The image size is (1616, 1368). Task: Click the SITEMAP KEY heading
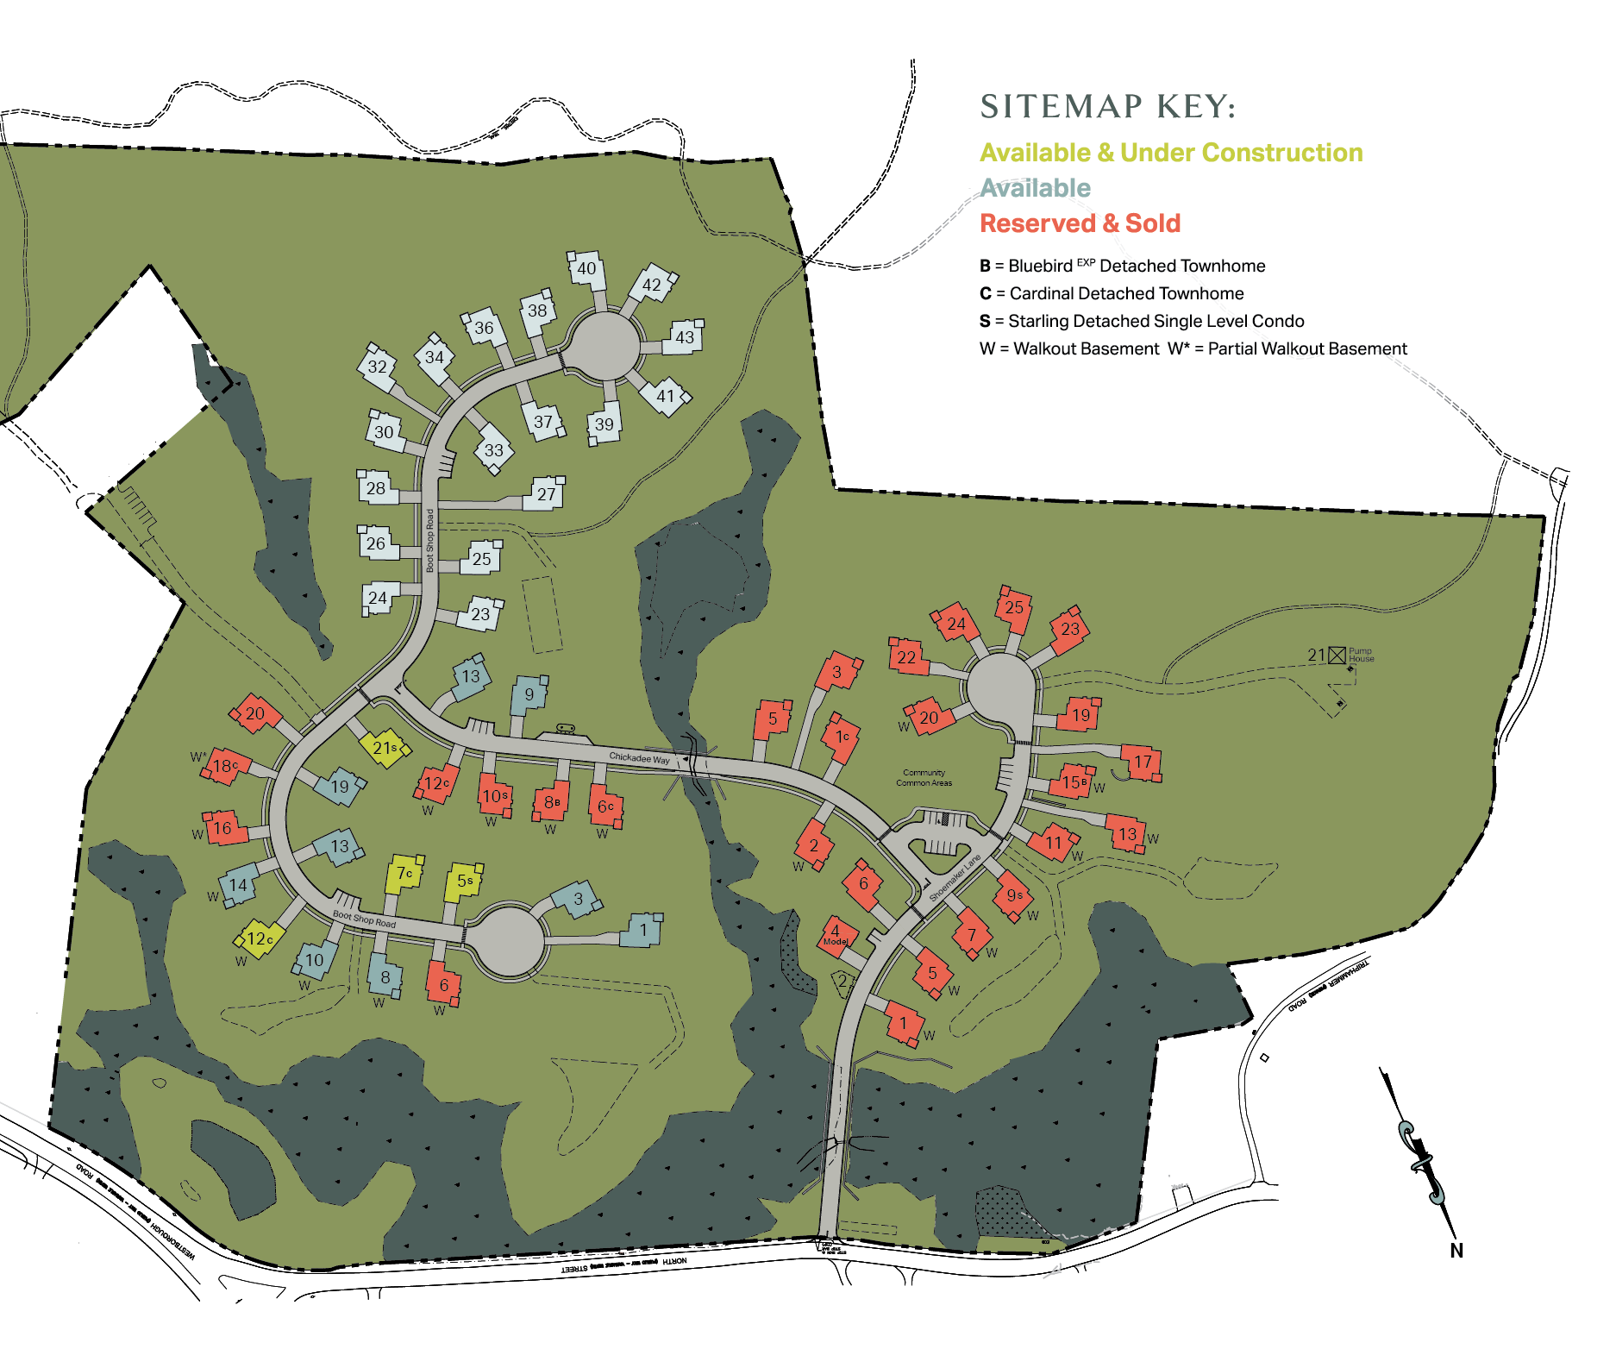[x=1108, y=107]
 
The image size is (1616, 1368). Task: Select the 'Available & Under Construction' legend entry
[x=1171, y=153]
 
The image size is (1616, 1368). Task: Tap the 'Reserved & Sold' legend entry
[x=1080, y=223]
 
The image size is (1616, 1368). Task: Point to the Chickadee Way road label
[x=639, y=757]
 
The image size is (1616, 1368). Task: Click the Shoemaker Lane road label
[x=954, y=879]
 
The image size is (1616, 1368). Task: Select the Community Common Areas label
[x=924, y=778]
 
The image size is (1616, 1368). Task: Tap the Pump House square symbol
[x=1337, y=656]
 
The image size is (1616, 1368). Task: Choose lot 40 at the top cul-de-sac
[x=586, y=269]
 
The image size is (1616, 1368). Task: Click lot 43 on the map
[x=684, y=337]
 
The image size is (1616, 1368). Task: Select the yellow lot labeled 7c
[x=404, y=875]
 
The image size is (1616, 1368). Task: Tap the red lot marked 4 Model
[x=836, y=935]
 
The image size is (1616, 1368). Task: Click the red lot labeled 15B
[x=1073, y=781]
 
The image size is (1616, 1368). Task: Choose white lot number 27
[x=546, y=494]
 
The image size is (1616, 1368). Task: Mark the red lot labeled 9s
[x=1014, y=895]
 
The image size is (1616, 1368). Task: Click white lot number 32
[x=378, y=367]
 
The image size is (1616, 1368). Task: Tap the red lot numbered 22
[x=906, y=657]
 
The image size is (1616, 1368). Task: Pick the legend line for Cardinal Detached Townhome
[x=1112, y=293]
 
